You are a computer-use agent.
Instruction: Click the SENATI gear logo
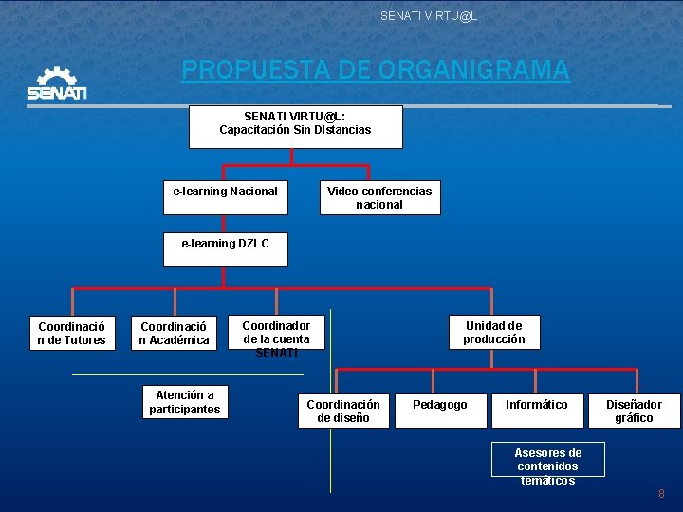[57, 83]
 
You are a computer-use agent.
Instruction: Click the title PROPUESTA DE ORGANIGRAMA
[376, 70]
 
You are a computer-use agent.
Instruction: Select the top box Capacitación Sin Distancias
[295, 126]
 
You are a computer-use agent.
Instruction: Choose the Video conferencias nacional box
[379, 197]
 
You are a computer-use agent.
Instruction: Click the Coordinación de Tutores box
[71, 333]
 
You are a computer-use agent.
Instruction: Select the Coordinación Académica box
[174, 333]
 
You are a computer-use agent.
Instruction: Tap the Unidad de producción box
[493, 333]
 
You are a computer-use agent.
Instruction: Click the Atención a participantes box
[185, 402]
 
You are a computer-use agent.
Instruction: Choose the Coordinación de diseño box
[343, 411]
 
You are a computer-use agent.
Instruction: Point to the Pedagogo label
[440, 405]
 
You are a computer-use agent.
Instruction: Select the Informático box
[536, 410]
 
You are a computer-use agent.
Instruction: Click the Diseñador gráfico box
[634, 411]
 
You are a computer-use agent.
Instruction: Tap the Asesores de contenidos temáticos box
[547, 461]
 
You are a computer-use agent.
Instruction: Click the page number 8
[661, 494]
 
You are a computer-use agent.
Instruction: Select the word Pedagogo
[440, 405]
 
